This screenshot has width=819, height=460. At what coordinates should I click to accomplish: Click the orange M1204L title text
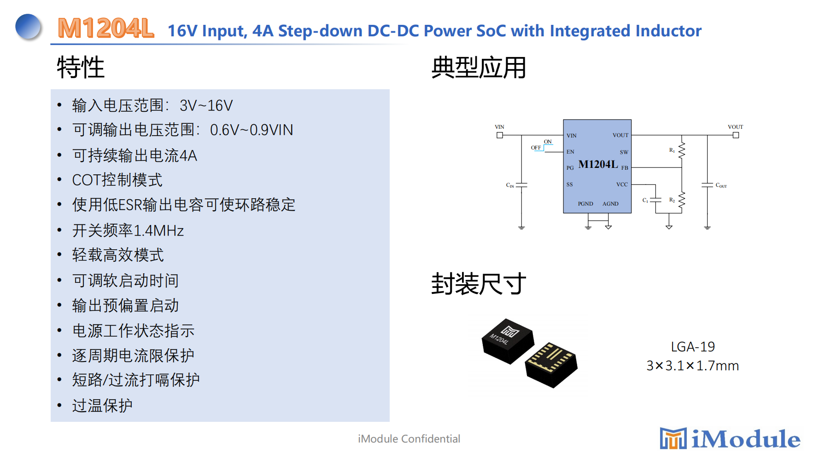click(105, 29)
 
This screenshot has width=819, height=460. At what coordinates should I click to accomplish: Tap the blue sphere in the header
click(28, 27)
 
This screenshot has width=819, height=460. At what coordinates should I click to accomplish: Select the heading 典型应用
click(479, 68)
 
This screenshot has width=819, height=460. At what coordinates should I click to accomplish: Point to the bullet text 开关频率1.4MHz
click(128, 230)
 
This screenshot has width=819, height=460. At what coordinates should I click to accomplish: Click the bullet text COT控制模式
click(117, 180)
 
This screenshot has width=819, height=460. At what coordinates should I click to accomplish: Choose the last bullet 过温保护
click(102, 405)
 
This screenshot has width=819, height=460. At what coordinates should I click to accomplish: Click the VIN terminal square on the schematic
click(500, 135)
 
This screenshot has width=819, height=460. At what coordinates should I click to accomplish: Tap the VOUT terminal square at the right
click(736, 135)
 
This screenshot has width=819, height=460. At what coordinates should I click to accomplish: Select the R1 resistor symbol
click(682, 150)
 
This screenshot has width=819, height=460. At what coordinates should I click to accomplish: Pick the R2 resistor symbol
click(682, 200)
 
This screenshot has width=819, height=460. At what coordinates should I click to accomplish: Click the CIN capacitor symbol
click(521, 185)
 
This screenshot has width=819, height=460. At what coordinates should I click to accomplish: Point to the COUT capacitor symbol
click(707, 185)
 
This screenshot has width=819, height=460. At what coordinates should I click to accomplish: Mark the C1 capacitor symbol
click(655, 200)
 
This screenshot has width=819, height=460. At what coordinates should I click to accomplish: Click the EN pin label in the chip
click(570, 152)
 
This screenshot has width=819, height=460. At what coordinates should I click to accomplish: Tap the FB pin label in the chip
click(625, 168)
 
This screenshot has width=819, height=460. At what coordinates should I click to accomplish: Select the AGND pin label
click(610, 204)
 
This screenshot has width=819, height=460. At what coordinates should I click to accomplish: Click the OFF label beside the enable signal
click(536, 148)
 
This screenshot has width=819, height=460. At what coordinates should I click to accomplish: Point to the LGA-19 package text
click(693, 346)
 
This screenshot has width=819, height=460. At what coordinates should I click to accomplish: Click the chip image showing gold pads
click(551, 364)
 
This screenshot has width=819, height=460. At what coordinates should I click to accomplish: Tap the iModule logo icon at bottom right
click(673, 438)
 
